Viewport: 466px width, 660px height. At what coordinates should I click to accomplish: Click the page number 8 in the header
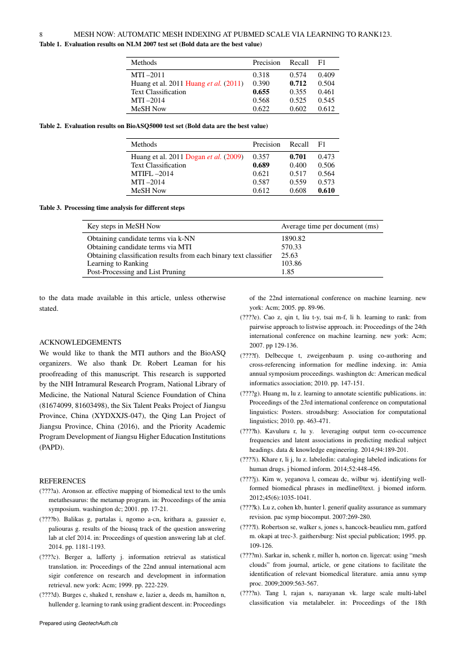click(41, 35)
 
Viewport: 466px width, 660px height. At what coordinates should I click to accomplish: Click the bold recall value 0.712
click(299, 83)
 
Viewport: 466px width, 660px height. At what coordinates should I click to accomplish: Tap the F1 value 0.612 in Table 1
click(326, 108)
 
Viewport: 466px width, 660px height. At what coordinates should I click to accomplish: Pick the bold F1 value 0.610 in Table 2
click(326, 191)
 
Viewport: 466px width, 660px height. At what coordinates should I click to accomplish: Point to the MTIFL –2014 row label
click(152, 174)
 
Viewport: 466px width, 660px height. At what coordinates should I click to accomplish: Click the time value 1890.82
click(293, 239)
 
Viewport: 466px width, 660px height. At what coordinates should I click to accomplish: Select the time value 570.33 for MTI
click(291, 247)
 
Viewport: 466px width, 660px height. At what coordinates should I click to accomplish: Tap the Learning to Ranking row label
click(118, 263)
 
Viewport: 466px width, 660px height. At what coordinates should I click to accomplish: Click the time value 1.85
click(287, 272)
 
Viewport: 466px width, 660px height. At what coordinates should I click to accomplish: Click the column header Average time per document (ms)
click(330, 226)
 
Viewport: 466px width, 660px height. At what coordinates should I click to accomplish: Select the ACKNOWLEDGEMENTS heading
click(80, 342)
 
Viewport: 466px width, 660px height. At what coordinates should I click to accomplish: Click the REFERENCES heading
click(62, 481)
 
